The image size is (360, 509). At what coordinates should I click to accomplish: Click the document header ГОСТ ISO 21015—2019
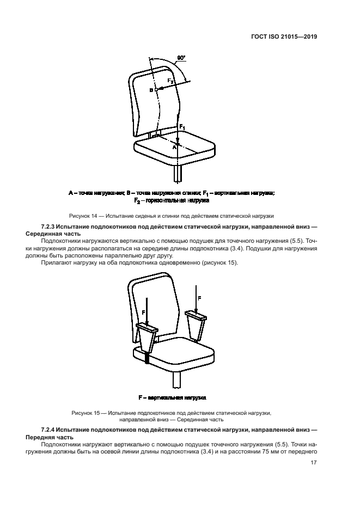click(x=285, y=38)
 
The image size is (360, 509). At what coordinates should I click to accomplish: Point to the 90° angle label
click(x=181, y=57)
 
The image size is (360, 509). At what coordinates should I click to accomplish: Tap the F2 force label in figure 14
click(x=170, y=81)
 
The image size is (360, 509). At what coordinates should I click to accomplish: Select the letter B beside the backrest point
click(x=151, y=90)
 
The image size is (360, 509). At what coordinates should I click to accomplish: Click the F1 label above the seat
click(x=183, y=126)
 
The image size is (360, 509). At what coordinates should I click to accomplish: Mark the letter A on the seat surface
click(x=174, y=147)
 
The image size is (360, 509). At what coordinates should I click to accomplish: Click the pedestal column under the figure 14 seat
click(x=179, y=173)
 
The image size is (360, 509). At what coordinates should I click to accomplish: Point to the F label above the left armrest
click(x=143, y=312)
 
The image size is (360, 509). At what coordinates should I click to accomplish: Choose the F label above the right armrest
click(x=199, y=298)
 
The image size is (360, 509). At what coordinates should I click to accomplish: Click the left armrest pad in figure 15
click(x=147, y=328)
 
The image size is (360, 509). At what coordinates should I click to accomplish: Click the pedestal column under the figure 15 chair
click(x=176, y=378)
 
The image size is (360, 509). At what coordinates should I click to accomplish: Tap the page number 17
click(x=314, y=463)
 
